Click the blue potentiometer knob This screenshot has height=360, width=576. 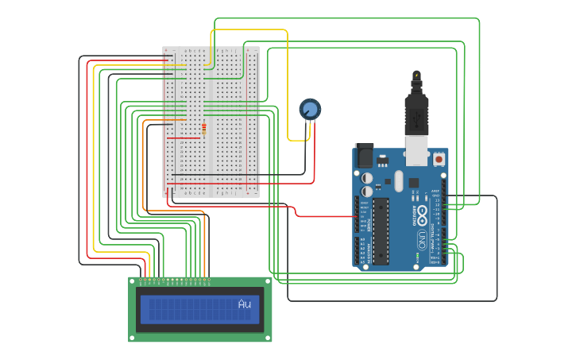coord(310,109)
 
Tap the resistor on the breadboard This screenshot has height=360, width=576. coord(203,130)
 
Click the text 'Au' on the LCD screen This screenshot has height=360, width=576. coord(245,304)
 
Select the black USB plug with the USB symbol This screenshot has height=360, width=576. coord(416,116)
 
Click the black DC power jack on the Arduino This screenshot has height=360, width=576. coord(364,155)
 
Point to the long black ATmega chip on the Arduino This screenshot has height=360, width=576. coord(381,230)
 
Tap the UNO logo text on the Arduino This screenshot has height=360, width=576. coord(421,238)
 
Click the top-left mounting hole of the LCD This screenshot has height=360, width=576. coord(133,281)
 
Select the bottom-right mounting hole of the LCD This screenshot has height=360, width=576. coord(268,337)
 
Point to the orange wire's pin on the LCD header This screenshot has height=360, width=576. coord(204,279)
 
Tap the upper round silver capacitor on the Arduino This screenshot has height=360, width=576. coord(367,179)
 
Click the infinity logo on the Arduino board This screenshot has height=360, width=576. coord(423,214)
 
